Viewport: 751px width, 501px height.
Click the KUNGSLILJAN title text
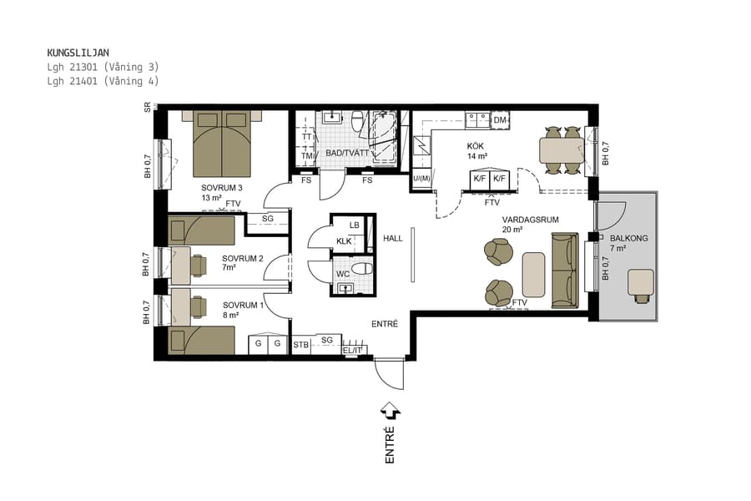click(78, 53)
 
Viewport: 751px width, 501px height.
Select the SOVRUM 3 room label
click(221, 187)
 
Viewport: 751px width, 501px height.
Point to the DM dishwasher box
click(500, 121)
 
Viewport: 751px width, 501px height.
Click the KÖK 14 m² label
click(476, 150)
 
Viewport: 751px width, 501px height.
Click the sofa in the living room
click(564, 271)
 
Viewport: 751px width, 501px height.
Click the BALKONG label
click(627, 237)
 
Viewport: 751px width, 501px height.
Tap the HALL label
click(392, 239)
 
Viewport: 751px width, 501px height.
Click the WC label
click(342, 273)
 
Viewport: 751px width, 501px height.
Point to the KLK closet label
click(344, 241)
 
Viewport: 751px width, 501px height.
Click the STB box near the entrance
click(301, 344)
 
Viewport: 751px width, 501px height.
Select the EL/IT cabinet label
click(354, 350)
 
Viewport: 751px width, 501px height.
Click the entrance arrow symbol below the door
click(390, 411)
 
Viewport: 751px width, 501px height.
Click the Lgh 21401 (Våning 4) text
click(103, 81)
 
